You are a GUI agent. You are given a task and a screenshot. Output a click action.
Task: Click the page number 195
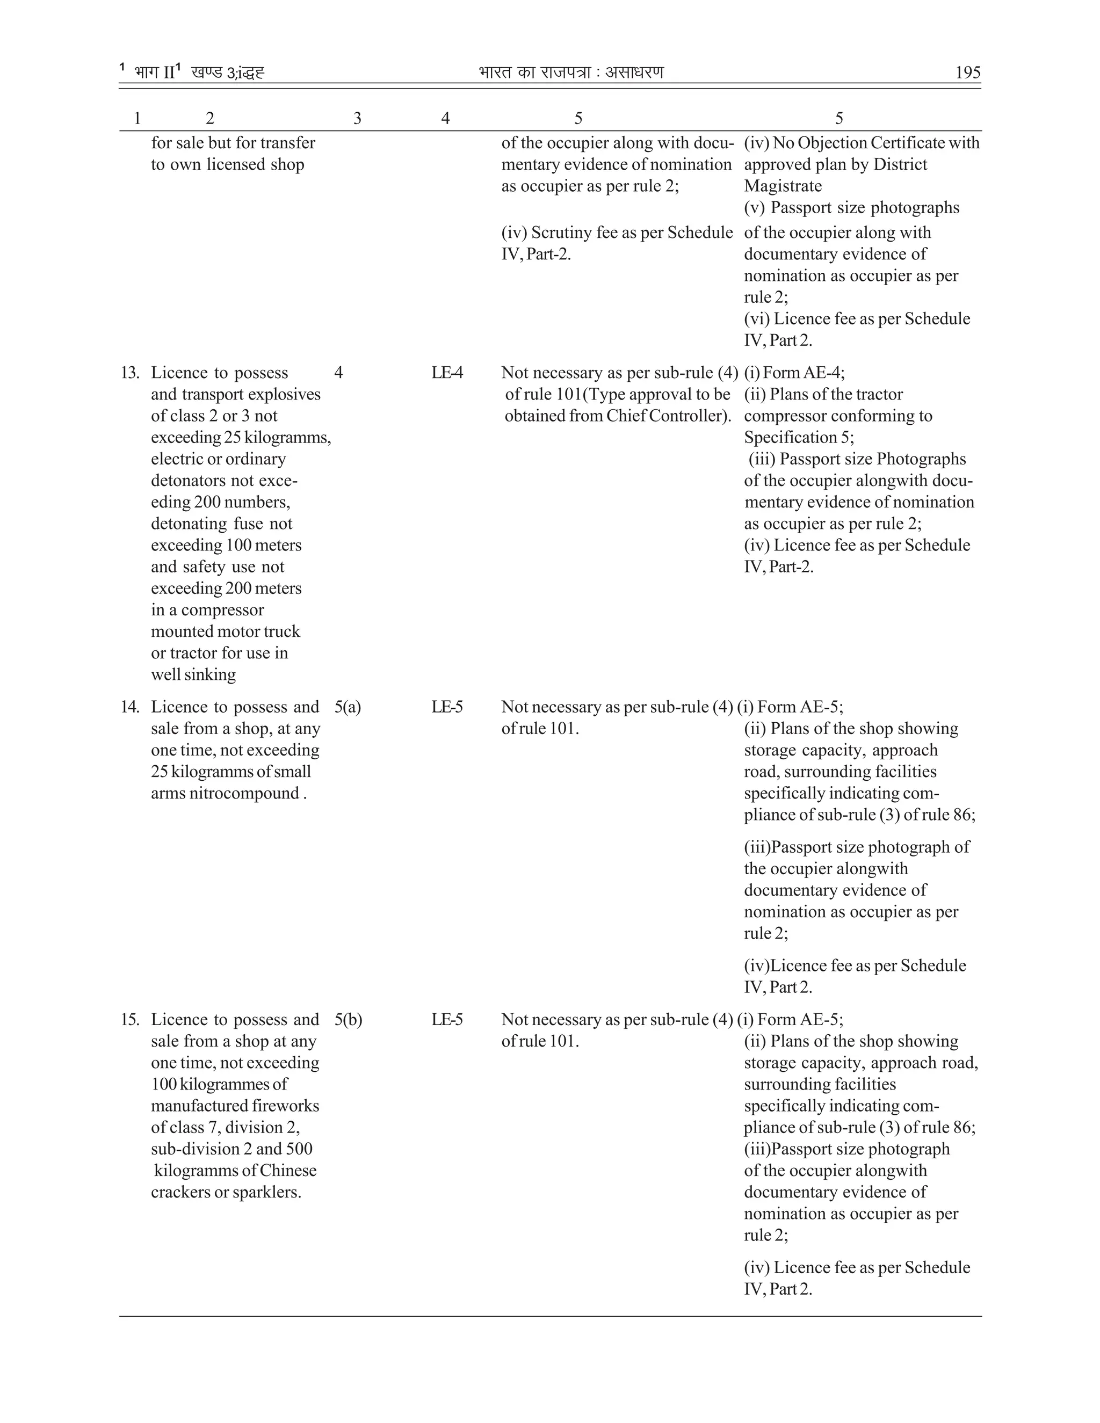click(x=967, y=72)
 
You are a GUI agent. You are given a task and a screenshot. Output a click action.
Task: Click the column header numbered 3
click(x=357, y=118)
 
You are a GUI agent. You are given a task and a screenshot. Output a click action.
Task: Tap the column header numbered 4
click(x=445, y=118)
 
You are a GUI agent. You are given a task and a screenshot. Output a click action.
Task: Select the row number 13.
click(x=129, y=373)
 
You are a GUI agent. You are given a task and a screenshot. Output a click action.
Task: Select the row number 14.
click(x=129, y=707)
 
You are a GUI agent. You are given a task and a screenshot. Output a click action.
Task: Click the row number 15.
click(x=129, y=1020)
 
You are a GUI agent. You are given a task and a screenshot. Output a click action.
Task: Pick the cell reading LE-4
click(x=447, y=373)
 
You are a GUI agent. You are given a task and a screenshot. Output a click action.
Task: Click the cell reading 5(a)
click(x=348, y=707)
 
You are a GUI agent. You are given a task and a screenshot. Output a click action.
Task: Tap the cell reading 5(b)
click(x=349, y=1020)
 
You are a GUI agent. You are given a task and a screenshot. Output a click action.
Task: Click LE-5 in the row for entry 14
click(x=447, y=707)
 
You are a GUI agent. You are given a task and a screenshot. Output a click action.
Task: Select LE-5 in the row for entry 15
click(x=447, y=1020)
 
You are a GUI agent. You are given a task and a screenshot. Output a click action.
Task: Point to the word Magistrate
click(x=783, y=186)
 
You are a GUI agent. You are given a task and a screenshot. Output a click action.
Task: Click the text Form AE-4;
click(x=804, y=373)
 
